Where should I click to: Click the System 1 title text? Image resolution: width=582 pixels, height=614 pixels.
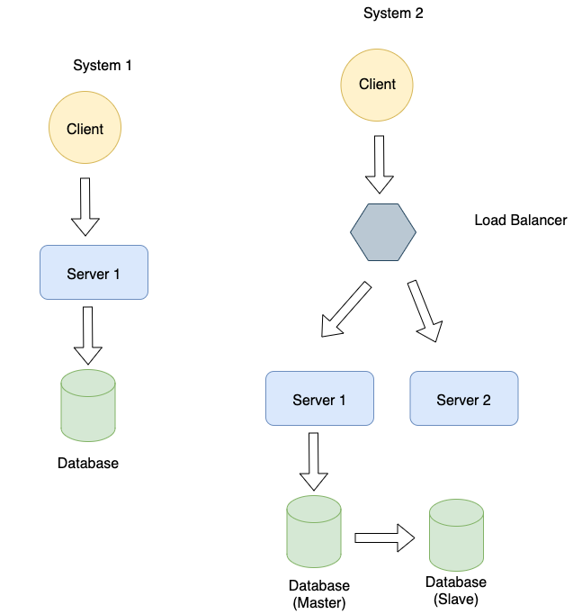pos(103,66)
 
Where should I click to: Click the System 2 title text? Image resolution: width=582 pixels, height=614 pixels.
pos(392,13)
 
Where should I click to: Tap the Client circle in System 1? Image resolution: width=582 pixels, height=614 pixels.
pos(85,129)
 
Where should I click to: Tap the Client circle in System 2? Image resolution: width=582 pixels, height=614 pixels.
pos(377,84)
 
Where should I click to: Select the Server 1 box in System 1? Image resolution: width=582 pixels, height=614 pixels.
pos(94,273)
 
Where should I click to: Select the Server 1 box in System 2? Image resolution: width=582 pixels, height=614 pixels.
pos(319,399)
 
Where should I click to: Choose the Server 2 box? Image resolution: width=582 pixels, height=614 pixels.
pos(463,399)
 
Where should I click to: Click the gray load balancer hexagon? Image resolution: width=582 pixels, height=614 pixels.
pos(383,232)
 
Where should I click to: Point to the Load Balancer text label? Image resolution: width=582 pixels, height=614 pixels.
pos(520,220)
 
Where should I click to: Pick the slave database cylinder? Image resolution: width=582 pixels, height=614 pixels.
pos(456,537)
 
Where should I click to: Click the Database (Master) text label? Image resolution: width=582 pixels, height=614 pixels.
pos(319,594)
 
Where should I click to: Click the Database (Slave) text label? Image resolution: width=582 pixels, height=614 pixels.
pos(456,591)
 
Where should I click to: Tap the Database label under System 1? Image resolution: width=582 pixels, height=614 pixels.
pos(88,464)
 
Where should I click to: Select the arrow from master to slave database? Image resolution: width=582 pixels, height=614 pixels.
pos(384,538)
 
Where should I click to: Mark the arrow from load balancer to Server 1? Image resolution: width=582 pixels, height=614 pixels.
pos(346,310)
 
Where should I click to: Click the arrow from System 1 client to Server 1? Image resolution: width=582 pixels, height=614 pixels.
pos(85,206)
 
